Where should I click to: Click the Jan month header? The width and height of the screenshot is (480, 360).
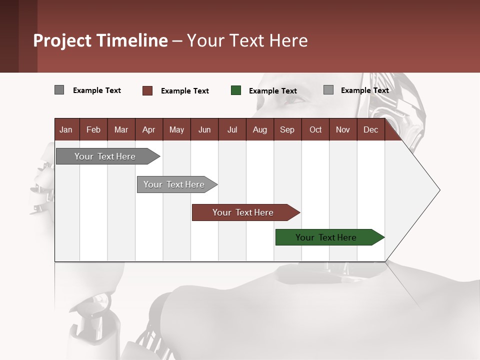coord(66,129)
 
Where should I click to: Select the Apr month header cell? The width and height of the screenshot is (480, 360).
coord(149,129)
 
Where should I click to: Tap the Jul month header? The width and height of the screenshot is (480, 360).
coord(232,129)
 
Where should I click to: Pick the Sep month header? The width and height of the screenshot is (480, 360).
coord(287,129)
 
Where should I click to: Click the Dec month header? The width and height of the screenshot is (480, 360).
coord(370,129)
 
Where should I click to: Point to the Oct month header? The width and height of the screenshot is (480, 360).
coord(315,129)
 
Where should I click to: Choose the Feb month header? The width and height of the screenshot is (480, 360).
coord(93,129)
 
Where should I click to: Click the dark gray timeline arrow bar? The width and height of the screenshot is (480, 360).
coord(105,156)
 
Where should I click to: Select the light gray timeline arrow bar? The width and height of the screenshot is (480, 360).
coord(174,184)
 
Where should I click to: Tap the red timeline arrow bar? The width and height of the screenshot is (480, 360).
coord(243,212)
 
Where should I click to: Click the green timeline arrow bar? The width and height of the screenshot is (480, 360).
coord(326,237)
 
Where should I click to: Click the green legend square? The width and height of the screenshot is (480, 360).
coord(236,90)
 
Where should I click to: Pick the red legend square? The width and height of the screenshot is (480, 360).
coord(147,90)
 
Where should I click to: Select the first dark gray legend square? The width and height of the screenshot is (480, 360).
coord(59,90)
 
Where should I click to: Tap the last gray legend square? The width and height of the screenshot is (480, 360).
coord(328,90)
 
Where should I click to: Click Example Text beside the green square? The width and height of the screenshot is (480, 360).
coord(273,91)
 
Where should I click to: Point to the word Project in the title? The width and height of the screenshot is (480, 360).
coord(61,41)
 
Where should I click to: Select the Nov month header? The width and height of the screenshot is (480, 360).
coord(343,129)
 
